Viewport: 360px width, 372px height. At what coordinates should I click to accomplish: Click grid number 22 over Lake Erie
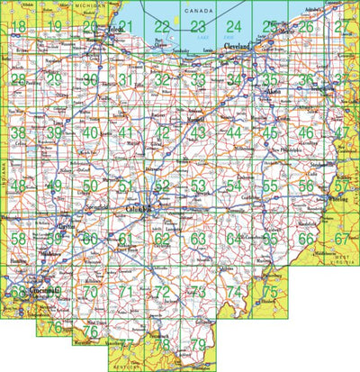pyautogui.click(x=162, y=27)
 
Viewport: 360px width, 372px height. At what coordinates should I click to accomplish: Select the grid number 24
pyautogui.click(x=234, y=27)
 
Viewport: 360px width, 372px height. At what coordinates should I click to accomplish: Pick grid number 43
pyautogui.click(x=198, y=132)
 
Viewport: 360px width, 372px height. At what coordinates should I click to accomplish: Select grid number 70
pyautogui.click(x=90, y=292)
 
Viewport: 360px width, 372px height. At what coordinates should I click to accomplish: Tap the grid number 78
pyautogui.click(x=162, y=345)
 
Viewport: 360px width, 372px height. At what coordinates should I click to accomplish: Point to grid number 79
pyautogui.click(x=198, y=345)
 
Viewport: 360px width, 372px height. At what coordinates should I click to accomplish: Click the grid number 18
pyautogui.click(x=18, y=27)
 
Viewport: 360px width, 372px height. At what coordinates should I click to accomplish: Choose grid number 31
pyautogui.click(x=126, y=80)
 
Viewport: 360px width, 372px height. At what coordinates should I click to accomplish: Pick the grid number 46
pyautogui.click(x=306, y=132)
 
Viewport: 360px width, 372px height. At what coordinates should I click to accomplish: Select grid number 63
pyautogui.click(x=198, y=239)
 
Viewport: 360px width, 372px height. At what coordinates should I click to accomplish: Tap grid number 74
pyautogui.click(x=234, y=292)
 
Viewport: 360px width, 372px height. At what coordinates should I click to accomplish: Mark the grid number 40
pyautogui.click(x=90, y=132)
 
